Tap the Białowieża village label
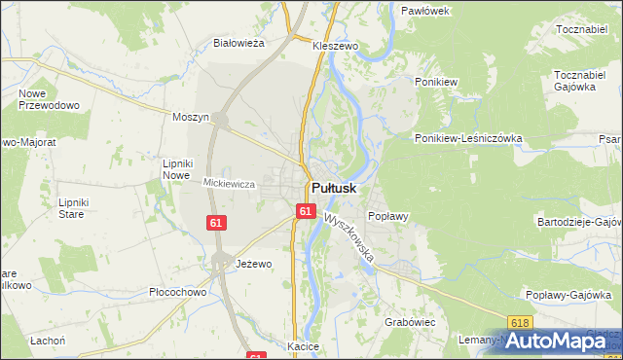[x=239, y=43]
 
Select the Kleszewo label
[x=337, y=46]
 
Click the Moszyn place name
[x=191, y=117]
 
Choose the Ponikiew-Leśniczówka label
[x=468, y=138]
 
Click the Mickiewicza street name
[x=229, y=183]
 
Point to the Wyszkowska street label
[x=350, y=238]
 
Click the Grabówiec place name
[x=409, y=321]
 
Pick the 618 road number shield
[x=521, y=322]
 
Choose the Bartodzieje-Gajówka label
[x=578, y=222]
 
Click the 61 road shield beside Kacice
[x=256, y=357]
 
